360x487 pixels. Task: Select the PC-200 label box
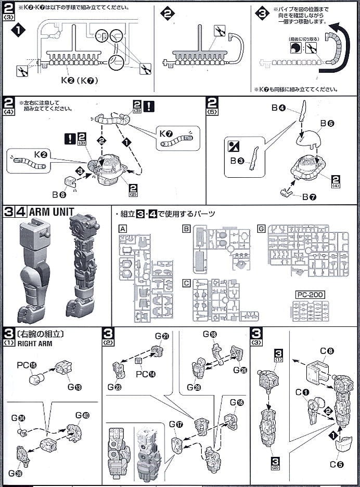[310, 295]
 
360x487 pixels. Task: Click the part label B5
[327, 124]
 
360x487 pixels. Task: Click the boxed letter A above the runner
[123, 229]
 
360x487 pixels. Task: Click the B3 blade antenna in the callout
[253, 155]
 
